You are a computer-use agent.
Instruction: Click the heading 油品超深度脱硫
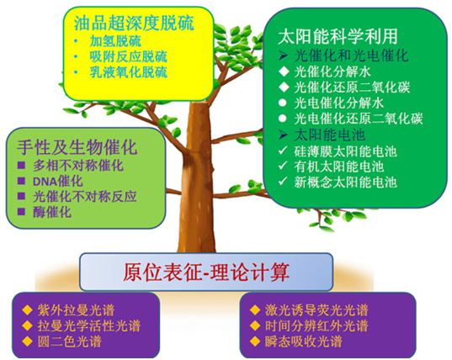[134, 24]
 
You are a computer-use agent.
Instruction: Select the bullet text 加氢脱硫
[115, 41]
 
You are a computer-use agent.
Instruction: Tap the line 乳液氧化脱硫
[128, 72]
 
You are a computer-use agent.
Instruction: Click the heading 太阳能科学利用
[338, 36]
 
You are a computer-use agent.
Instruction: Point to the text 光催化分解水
[332, 71]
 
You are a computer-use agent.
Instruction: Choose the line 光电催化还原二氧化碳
[359, 119]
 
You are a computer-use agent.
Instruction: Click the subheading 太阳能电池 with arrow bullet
[330, 135]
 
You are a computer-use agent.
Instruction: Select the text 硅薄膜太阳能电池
[345, 151]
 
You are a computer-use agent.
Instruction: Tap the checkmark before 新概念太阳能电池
[284, 182]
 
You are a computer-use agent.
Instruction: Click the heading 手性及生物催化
[77, 147]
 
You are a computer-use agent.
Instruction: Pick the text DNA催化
[57, 182]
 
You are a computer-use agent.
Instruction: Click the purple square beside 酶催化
[21, 212]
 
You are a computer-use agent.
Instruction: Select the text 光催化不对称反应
[85, 197]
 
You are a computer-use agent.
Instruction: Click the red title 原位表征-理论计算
[206, 272]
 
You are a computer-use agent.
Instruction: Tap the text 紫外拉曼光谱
[76, 310]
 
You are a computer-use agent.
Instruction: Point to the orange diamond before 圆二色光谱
[28, 341]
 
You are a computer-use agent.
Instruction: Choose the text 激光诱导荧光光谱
[316, 310]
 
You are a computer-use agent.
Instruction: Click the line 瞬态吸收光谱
[304, 341]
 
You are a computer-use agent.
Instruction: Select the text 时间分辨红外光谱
[316, 326]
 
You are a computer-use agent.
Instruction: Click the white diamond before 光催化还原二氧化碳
[284, 87]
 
